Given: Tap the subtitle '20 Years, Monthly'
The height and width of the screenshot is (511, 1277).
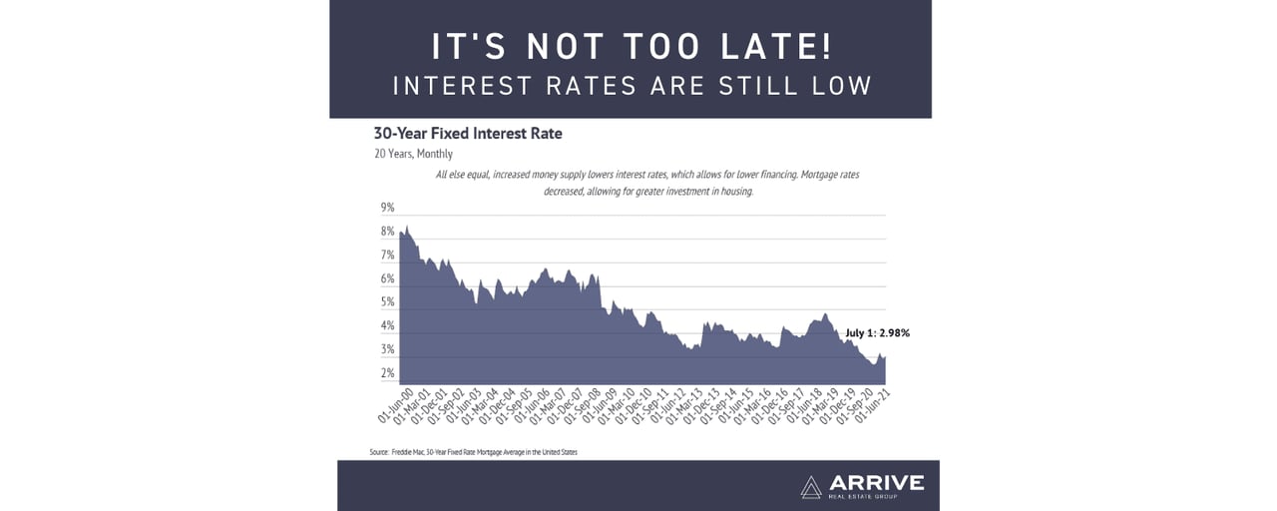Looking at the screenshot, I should (x=413, y=154).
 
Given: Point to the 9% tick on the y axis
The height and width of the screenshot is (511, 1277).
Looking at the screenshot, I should (x=388, y=208).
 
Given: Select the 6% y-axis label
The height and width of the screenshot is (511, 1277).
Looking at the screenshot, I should (x=388, y=278).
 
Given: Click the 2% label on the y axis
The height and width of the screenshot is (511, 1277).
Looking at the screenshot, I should (x=388, y=373).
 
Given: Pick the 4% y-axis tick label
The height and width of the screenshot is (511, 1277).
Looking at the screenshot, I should (x=388, y=326).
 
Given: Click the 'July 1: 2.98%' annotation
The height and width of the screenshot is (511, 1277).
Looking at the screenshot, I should (x=878, y=333).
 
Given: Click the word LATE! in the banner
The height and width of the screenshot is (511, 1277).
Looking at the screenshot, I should (x=775, y=47).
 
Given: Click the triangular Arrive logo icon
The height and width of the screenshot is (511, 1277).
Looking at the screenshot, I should (x=811, y=485).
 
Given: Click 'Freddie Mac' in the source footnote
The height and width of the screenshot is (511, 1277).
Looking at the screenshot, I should (x=412, y=452).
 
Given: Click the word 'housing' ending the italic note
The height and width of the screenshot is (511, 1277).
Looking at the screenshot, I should (x=734, y=191).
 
